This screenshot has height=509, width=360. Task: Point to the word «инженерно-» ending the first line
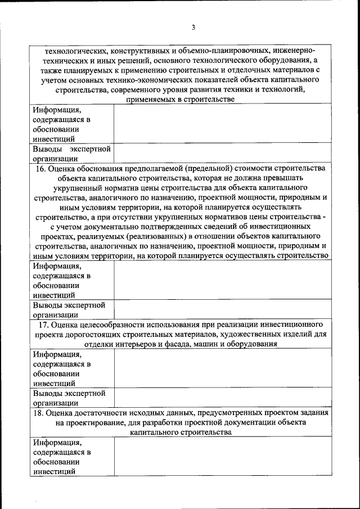pyautogui.click(x=295, y=49)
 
